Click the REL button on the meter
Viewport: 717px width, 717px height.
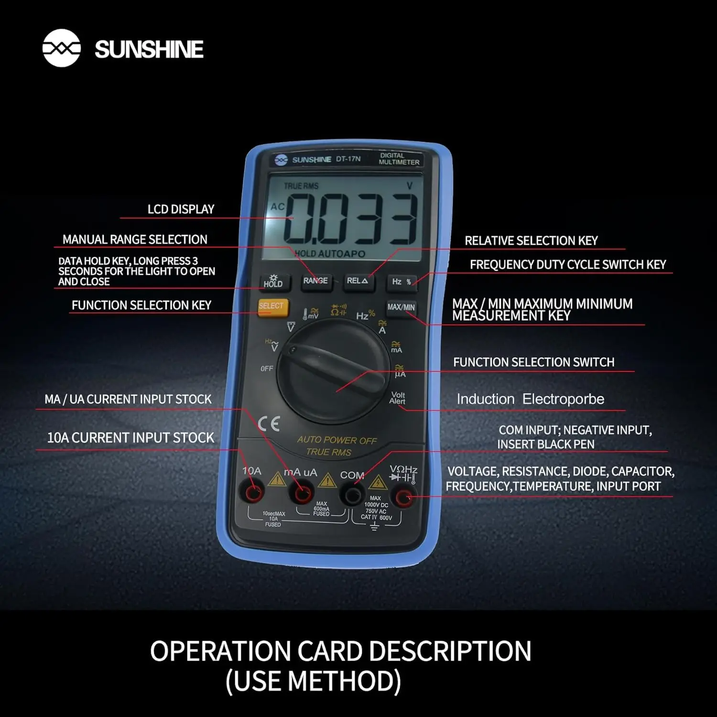pos(357,281)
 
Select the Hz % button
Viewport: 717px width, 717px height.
pos(402,282)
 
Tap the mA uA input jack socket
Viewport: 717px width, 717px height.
pos(303,494)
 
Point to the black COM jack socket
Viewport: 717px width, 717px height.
pos(353,495)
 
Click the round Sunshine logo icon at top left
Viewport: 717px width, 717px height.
pos(61,48)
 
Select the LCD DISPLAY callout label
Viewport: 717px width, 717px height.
pos(181,209)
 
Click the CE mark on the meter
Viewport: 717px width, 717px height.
pos(269,424)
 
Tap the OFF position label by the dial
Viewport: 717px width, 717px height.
pos(267,369)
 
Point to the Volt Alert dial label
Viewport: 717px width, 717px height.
pos(397,398)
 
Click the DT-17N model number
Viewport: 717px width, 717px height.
pos(348,159)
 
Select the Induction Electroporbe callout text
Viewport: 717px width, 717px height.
pos(530,399)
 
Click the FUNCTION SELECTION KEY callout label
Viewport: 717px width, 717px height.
pos(141,305)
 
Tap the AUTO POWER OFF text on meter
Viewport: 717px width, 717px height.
pos(337,440)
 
